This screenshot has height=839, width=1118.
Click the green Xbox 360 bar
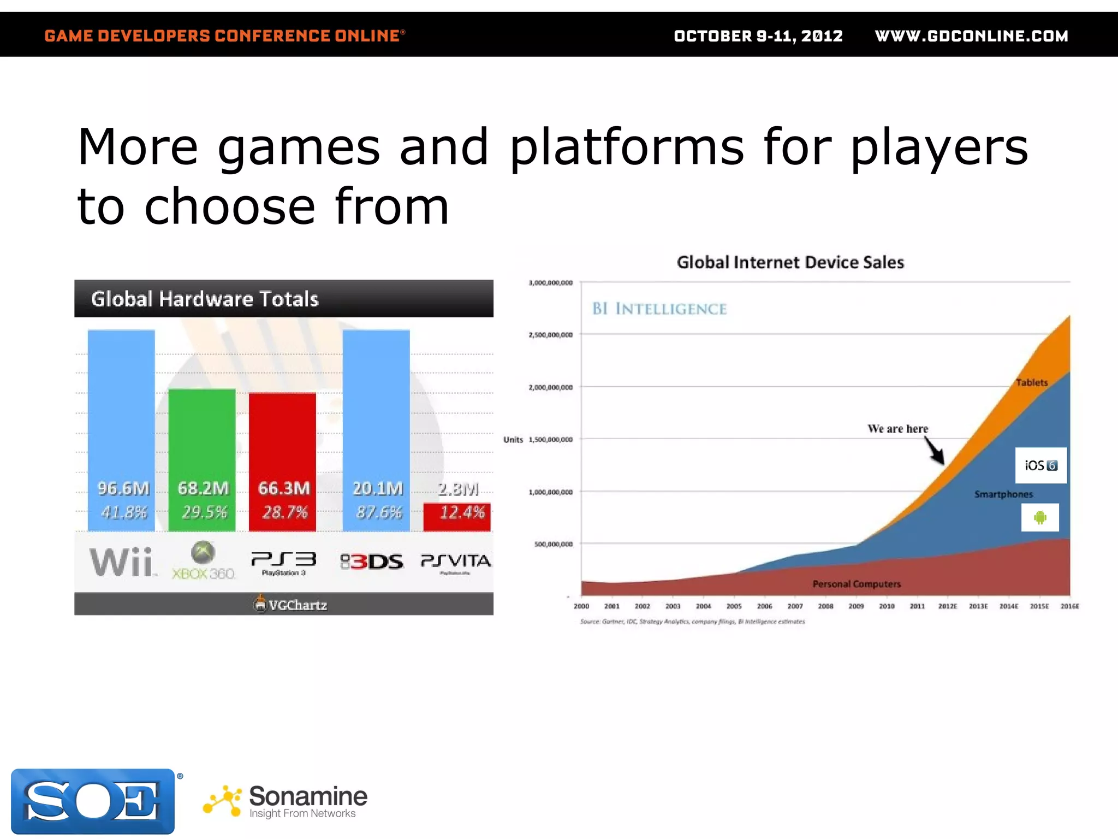click(202, 437)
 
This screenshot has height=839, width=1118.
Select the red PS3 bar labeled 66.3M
click(282, 437)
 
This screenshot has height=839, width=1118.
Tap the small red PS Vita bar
click(457, 516)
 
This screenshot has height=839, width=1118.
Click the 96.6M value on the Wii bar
click(123, 488)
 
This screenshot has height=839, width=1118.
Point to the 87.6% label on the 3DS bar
click(378, 512)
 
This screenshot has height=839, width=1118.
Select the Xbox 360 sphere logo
click(203, 553)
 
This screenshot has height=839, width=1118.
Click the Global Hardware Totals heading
click(205, 299)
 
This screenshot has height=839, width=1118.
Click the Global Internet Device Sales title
click(790, 262)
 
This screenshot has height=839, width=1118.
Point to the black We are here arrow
click(935, 451)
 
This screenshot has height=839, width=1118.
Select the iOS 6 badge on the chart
click(1040, 465)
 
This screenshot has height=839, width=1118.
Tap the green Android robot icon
click(1040, 517)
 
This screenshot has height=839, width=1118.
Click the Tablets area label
click(1031, 382)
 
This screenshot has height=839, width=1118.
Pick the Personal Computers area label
click(856, 584)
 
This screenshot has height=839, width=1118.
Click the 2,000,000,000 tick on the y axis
click(550, 387)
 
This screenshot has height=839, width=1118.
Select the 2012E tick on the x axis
click(947, 606)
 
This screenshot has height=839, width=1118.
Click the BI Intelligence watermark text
click(659, 309)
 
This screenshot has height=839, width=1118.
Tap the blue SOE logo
click(93, 801)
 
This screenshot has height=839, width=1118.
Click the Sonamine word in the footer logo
click(308, 796)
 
